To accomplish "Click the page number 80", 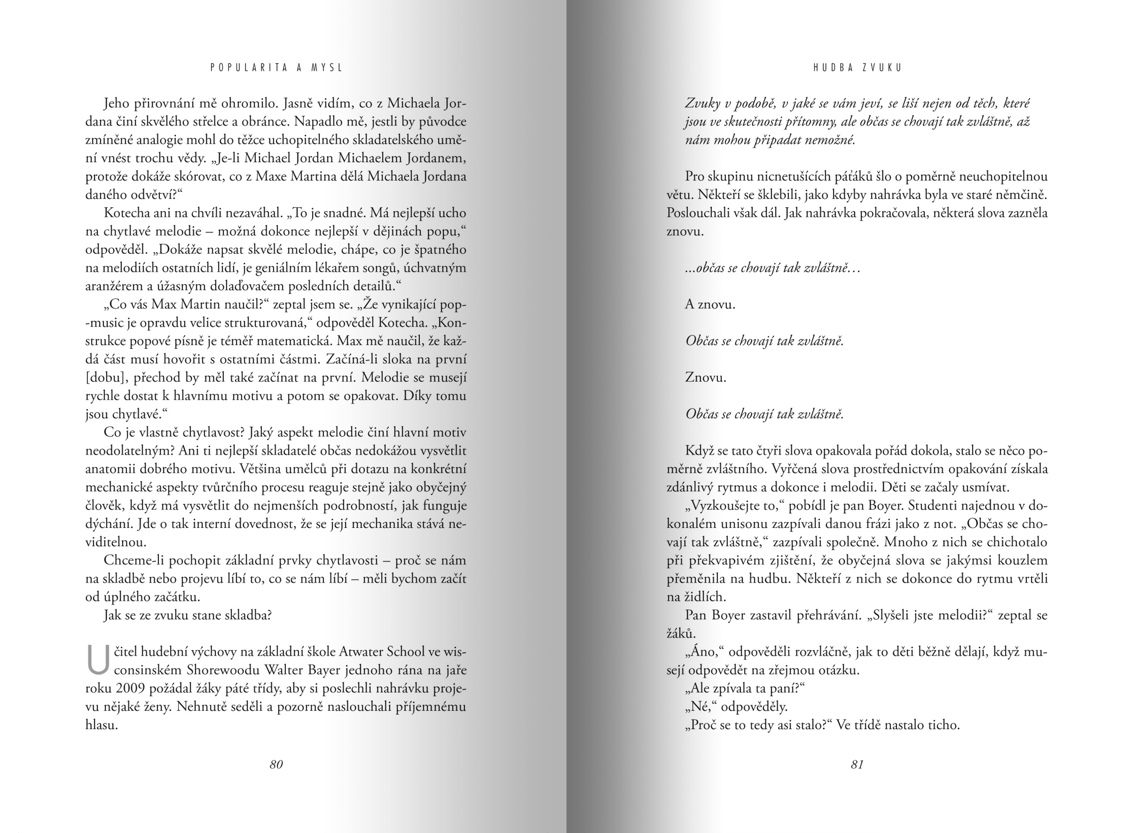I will [x=276, y=764].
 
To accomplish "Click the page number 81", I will [x=857, y=764].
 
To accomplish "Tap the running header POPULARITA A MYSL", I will [x=277, y=67].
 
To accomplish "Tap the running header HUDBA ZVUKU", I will [x=857, y=67].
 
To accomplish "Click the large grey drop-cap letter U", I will [x=98, y=660].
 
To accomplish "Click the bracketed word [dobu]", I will [x=103, y=378].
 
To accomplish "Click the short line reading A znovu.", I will [x=710, y=305].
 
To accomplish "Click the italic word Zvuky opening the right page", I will [x=703, y=104].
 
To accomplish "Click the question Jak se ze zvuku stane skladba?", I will [x=187, y=616].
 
